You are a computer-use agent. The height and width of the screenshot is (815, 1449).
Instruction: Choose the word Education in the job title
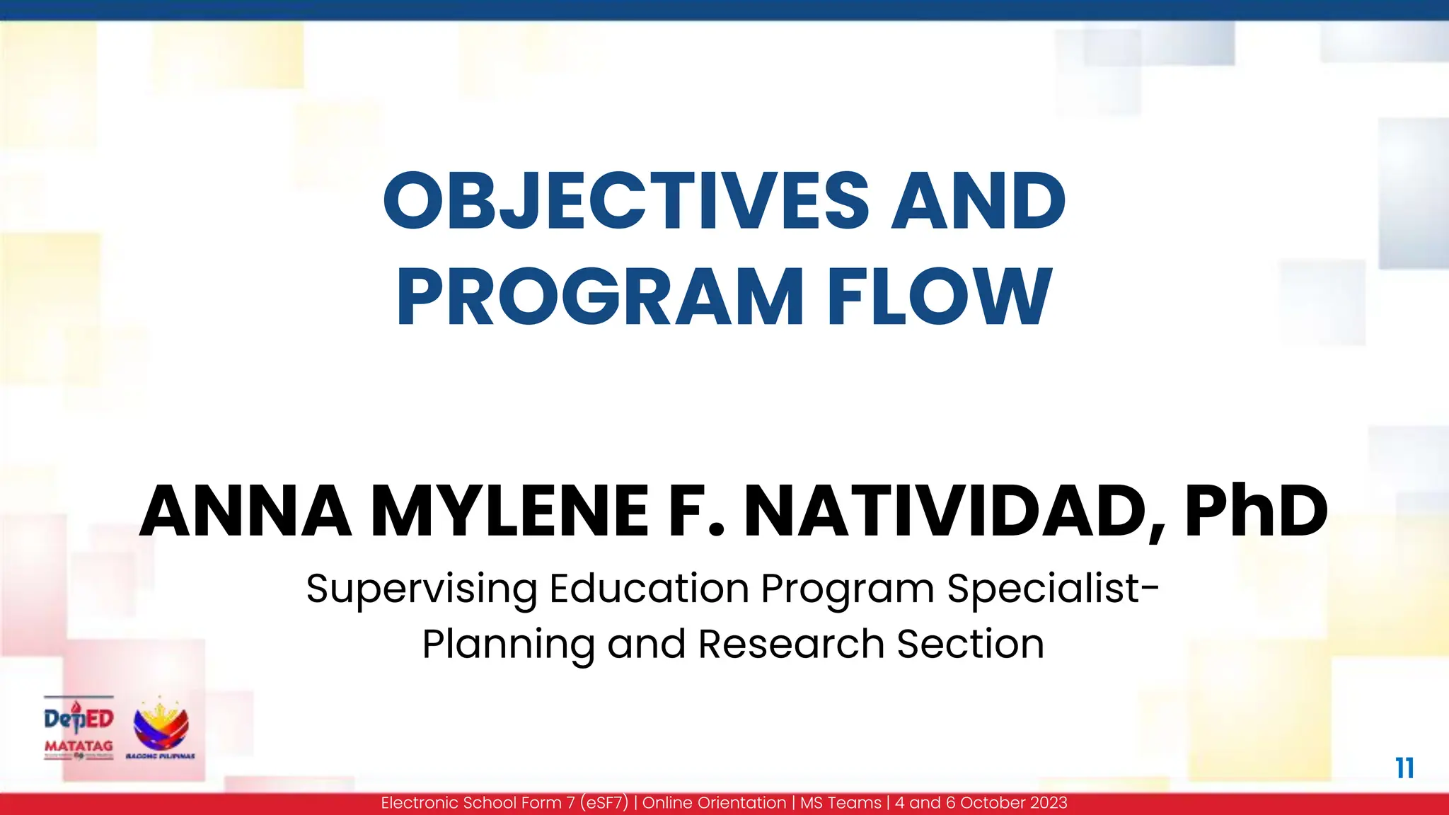649,589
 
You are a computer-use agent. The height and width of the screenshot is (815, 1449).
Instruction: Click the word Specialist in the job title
1048,589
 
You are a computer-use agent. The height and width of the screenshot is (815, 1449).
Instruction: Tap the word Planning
508,645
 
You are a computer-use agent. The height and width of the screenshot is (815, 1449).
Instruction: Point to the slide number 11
1404,768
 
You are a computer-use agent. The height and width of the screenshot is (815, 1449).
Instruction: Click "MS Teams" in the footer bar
841,803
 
